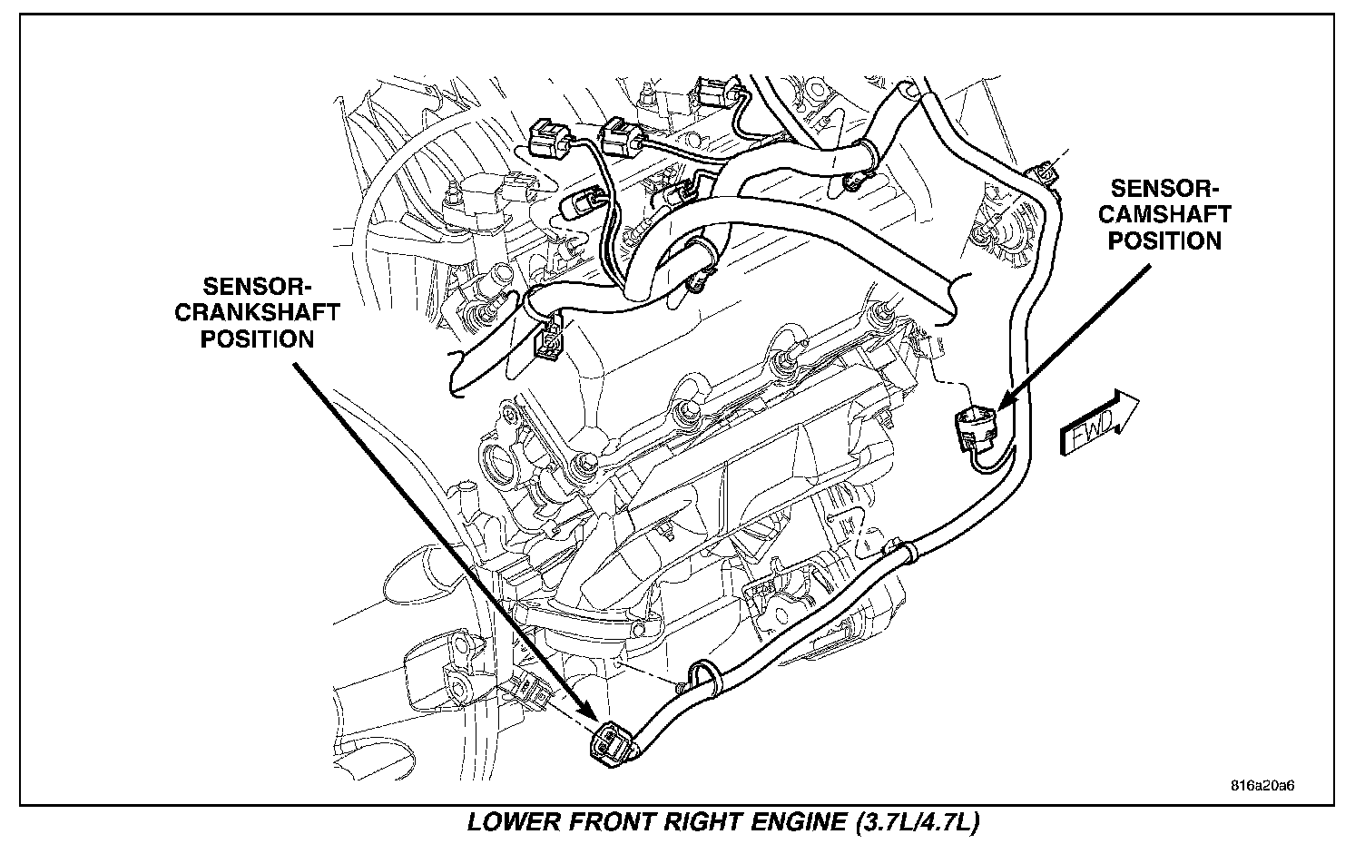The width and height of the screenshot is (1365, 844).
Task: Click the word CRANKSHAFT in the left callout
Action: pyautogui.click(x=270, y=313)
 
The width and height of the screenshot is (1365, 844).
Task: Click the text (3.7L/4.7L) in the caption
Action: pyautogui.click(x=917, y=824)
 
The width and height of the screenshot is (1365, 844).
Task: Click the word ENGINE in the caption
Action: pyautogui.click(x=800, y=824)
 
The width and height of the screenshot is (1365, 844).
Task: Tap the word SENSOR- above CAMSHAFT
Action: pyautogui.click(x=1165, y=189)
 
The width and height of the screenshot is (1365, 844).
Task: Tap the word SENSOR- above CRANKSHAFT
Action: pyautogui.click(x=257, y=288)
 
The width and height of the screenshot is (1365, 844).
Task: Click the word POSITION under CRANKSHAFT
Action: pyautogui.click(x=258, y=339)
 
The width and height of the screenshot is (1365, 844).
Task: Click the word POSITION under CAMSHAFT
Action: pyautogui.click(x=1166, y=240)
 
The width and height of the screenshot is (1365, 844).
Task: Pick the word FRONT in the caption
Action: pyautogui.click(x=604, y=824)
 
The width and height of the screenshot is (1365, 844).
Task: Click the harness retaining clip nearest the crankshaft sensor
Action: pyautogui.click(x=700, y=676)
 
